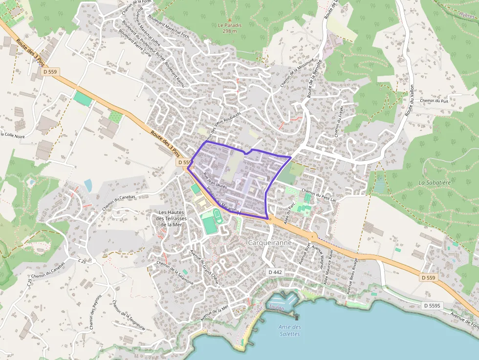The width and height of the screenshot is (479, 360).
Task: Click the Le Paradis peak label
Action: (227, 27)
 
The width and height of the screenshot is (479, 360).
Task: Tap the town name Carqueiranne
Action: (270, 243)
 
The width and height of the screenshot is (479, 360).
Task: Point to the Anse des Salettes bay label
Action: (289, 330)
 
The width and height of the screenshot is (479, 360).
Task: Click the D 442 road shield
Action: (275, 272)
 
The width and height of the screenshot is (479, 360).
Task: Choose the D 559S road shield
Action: (432, 306)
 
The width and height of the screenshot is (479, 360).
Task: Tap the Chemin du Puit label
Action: (434, 101)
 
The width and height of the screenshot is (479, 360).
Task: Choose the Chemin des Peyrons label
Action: (95, 311)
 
